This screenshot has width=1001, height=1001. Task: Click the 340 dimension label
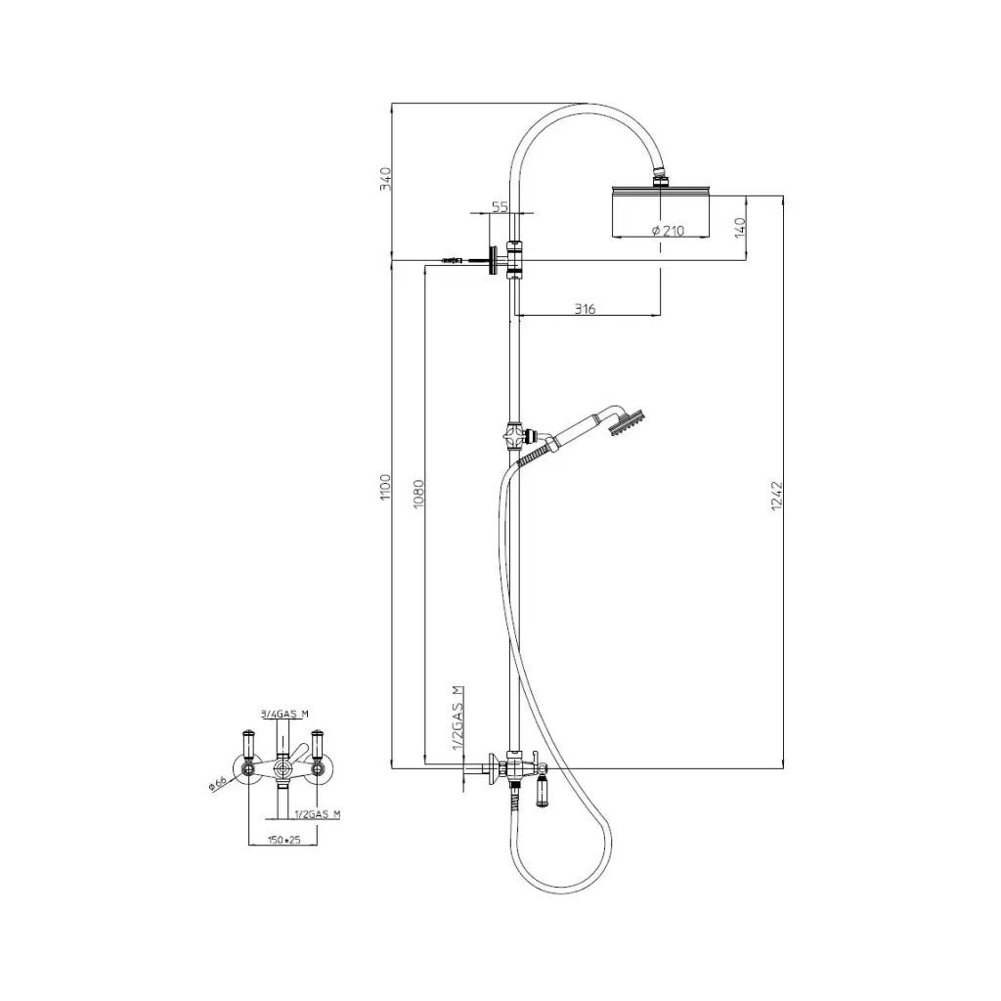click(385, 179)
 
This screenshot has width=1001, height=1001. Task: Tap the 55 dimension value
click(500, 207)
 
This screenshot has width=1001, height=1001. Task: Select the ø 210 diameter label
click(668, 231)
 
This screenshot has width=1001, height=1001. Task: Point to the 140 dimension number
click(740, 228)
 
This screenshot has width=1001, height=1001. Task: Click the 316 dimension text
click(585, 309)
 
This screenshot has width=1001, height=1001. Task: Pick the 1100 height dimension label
click(385, 487)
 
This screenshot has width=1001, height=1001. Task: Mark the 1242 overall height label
click(776, 496)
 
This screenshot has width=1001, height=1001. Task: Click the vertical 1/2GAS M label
click(457, 718)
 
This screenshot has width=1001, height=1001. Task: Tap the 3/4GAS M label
click(284, 715)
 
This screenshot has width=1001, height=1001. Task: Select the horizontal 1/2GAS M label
click(318, 814)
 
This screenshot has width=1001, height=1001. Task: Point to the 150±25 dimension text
click(284, 840)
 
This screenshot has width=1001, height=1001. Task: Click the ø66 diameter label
click(218, 783)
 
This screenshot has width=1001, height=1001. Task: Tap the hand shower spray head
click(629, 422)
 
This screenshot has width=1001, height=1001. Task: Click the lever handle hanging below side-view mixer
click(542, 792)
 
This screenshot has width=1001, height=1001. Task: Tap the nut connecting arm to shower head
click(660, 174)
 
